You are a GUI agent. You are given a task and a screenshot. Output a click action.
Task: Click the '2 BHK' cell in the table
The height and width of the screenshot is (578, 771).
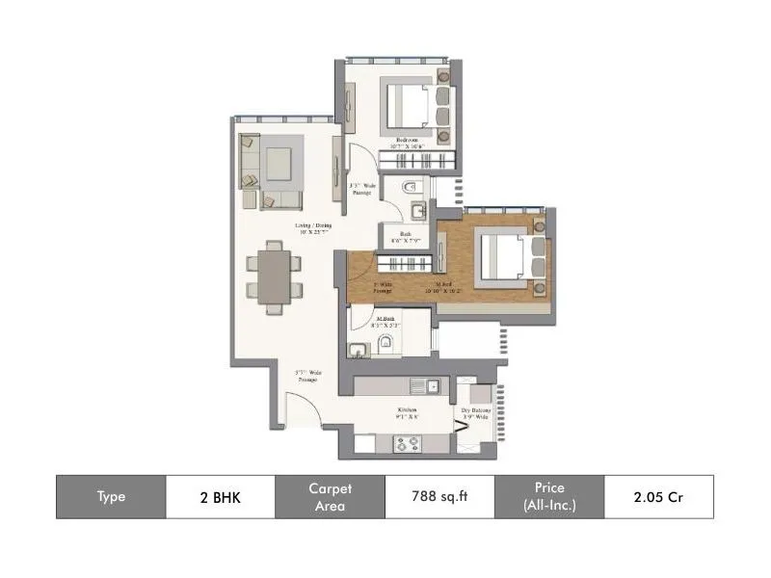[221, 497]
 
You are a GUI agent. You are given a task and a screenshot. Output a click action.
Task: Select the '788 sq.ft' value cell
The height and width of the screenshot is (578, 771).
[439, 497]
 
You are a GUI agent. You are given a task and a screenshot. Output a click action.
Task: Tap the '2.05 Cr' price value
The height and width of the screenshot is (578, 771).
[658, 497]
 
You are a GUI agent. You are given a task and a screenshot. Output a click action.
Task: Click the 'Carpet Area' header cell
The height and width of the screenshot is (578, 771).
[330, 497]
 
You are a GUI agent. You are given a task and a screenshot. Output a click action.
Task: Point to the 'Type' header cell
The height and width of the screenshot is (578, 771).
[111, 497]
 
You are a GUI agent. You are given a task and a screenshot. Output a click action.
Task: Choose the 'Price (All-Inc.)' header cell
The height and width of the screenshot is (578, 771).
[548, 497]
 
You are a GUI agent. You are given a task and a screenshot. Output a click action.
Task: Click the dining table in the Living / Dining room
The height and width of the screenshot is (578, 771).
[274, 276]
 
